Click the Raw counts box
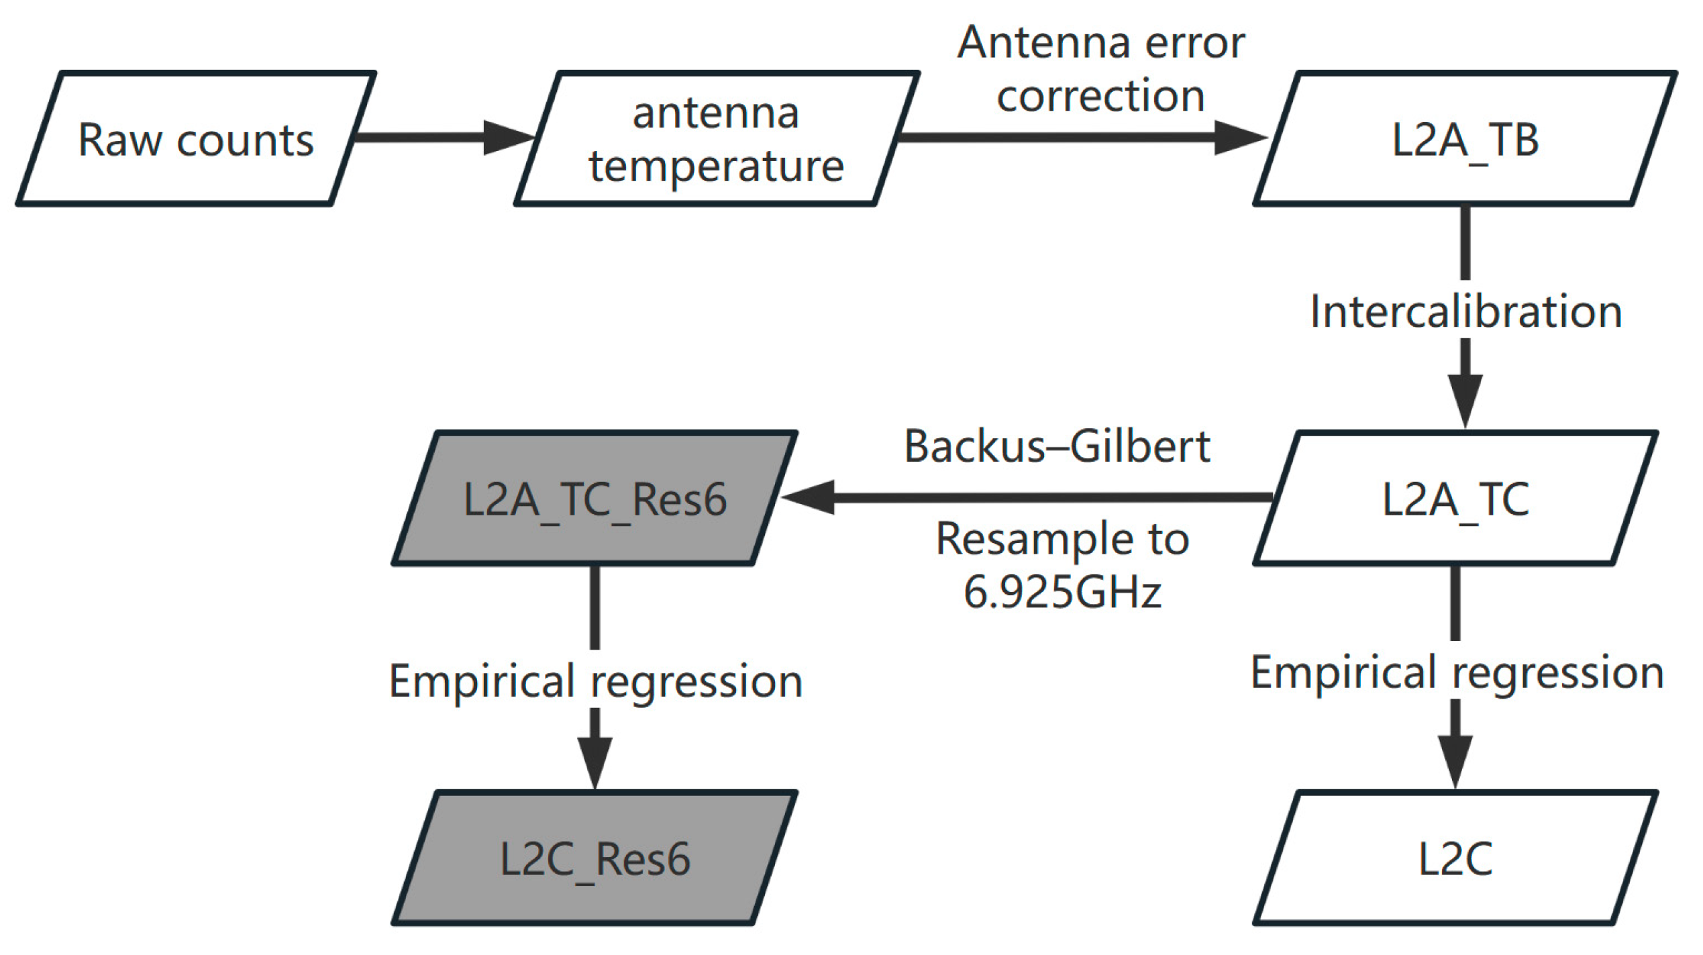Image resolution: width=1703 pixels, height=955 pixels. point(195,138)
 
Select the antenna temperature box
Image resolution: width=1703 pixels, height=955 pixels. point(716,138)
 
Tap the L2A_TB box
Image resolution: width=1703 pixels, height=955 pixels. point(1465,138)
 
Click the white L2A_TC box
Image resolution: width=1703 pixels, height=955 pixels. point(1455,498)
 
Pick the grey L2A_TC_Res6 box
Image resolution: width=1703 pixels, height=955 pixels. point(595,498)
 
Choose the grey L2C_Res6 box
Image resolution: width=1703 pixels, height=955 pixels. point(595,858)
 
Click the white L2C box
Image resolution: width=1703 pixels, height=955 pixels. point(1455,858)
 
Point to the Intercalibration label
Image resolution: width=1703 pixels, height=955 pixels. point(1465,311)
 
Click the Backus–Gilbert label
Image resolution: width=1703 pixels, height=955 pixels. point(1057,446)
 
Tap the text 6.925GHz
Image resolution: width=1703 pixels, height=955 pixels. point(1062,592)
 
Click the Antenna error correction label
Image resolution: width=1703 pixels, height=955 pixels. point(1100,68)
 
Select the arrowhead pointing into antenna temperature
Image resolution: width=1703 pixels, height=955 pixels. point(507,138)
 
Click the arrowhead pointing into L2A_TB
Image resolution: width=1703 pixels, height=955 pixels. point(1239,138)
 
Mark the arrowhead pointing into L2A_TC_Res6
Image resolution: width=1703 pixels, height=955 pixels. point(809,497)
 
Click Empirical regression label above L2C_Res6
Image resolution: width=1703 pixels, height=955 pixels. point(595,681)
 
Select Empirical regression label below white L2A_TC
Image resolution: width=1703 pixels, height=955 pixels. point(1457,672)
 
